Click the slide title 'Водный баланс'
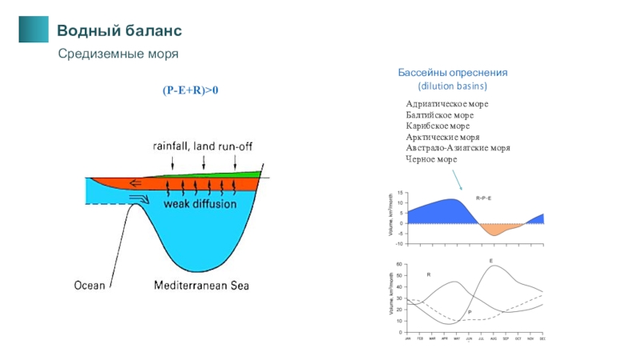(119, 31)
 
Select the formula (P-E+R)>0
(191, 91)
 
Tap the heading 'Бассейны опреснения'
(454, 73)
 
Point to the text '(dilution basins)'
(454, 85)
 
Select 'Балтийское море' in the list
(440, 116)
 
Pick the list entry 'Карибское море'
(438, 126)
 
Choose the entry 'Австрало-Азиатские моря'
(458, 148)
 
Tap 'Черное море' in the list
(431, 159)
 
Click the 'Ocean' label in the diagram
(90, 285)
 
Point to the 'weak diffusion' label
(200, 204)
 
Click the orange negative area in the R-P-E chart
(498, 230)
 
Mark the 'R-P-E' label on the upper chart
(483, 197)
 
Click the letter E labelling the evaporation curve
(491, 261)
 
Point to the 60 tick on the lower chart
(398, 264)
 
